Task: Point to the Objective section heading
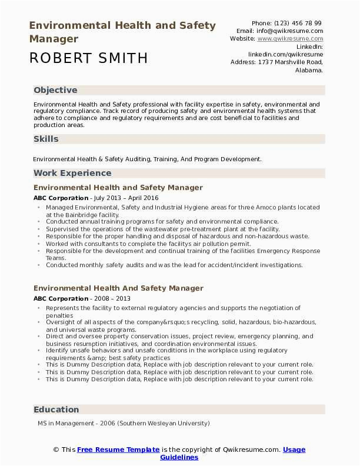(x=55, y=90)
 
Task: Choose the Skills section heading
(x=46, y=139)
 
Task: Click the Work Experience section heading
(x=72, y=173)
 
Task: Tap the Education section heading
(x=56, y=410)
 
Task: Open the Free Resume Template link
(x=118, y=450)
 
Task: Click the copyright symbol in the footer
(x=56, y=450)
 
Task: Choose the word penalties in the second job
(x=59, y=315)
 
